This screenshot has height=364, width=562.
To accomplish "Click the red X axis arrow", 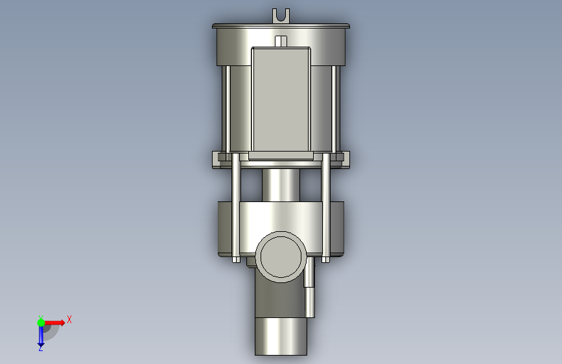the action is [x=54, y=323].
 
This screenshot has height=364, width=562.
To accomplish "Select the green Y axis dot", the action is [x=41, y=323].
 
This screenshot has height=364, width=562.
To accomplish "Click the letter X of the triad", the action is [x=69, y=319].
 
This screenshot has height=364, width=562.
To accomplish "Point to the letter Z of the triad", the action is [x=41, y=348].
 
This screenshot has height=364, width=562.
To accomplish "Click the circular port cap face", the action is [x=281, y=256].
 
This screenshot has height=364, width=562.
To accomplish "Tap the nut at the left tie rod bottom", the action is [x=236, y=260].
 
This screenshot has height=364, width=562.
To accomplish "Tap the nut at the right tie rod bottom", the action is [x=325, y=260].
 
